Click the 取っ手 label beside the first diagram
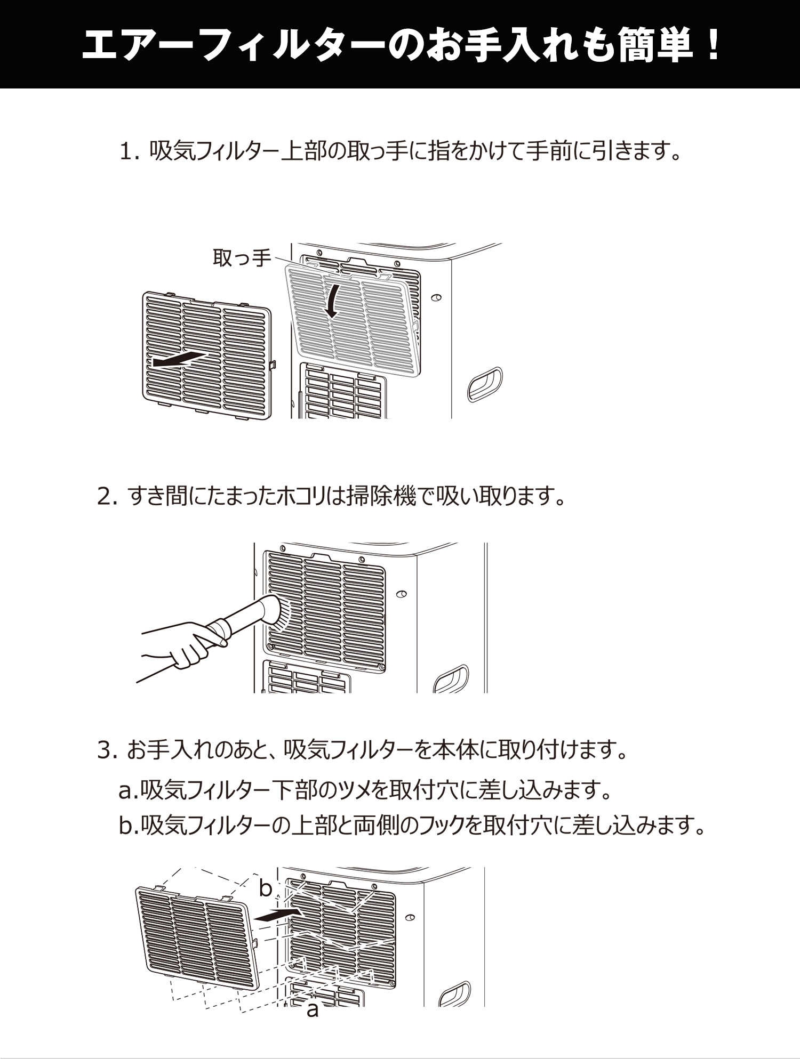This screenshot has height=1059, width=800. click(242, 258)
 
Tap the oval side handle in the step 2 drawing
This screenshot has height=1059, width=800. click(451, 680)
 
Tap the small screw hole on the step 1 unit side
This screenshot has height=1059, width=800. click(437, 298)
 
